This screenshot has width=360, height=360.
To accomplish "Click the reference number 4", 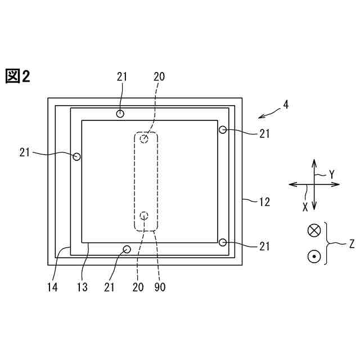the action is coord(286,105).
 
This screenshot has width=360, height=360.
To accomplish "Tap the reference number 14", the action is coord(53,287).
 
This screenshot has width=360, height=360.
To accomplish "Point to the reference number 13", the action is coord(82,287).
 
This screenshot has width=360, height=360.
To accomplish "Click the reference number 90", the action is coord(160,287).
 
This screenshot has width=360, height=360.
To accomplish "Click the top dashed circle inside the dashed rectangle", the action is coord(145,138).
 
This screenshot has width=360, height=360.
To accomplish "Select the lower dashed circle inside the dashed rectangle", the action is coord(144,215).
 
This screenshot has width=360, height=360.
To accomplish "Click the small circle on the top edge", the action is coord(120,114).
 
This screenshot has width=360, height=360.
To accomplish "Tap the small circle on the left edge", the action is coord(76,156).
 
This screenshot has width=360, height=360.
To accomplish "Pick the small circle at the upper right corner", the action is coord(223,130).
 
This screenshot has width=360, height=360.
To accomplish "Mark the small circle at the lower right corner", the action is coord(223,242).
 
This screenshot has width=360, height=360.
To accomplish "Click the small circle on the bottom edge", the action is coord(127,249).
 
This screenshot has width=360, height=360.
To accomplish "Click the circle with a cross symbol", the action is coord(314,230).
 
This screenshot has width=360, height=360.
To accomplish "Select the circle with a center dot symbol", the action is coord(314,256).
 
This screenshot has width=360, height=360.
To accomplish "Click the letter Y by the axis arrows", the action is coord(331,175).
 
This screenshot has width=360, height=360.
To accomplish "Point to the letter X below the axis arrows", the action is coord(305,207).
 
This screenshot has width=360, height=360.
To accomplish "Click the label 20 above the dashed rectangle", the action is coord(159,76).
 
